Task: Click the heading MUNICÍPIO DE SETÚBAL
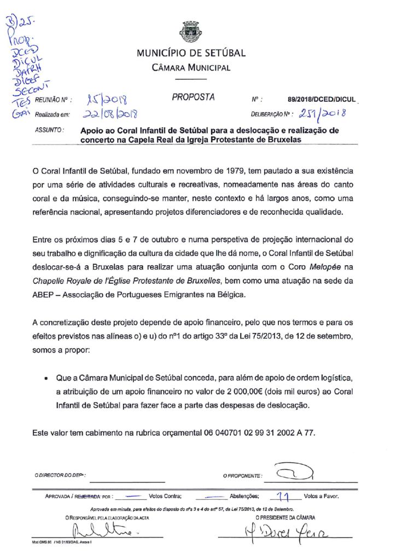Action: tap(191, 54)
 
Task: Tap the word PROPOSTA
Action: tap(193, 98)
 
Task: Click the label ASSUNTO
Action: tap(49, 131)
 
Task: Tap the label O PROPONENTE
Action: tap(242, 475)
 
